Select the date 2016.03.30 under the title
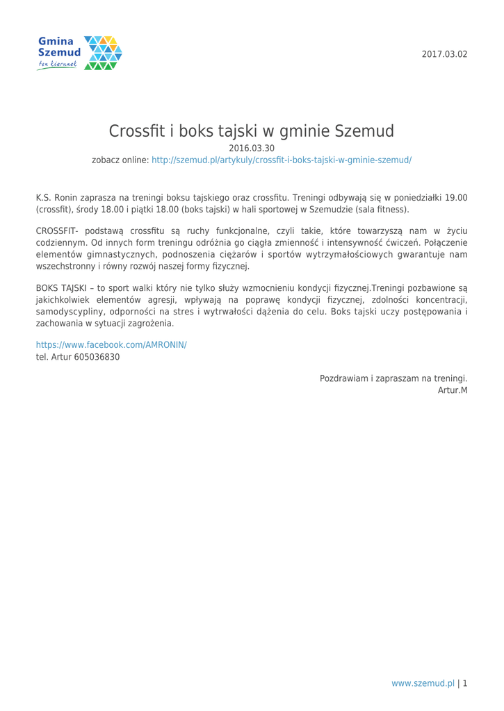point(252,148)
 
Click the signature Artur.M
point(452,391)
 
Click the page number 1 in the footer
point(465,683)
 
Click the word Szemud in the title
point(355,130)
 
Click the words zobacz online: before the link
point(120,160)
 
